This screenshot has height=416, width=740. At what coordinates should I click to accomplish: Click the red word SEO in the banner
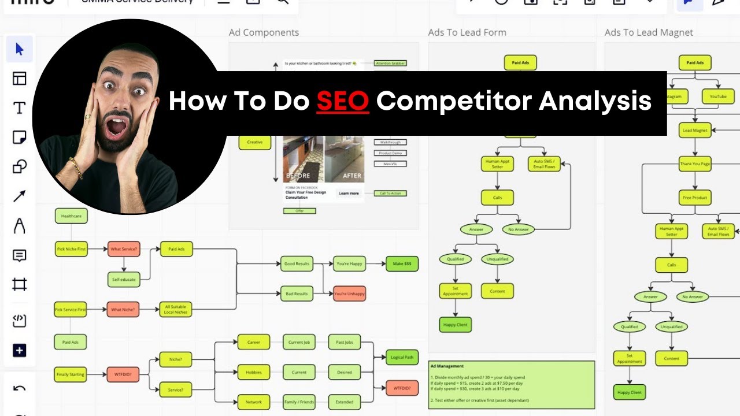coord(342,102)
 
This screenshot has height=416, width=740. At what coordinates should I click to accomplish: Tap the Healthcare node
coord(71,216)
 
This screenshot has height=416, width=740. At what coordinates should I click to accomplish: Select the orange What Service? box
coord(124,249)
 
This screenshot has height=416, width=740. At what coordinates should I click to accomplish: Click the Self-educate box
coord(124,280)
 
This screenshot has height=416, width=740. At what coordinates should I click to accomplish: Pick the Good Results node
coord(297,263)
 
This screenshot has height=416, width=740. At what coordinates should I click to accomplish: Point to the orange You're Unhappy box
coord(349,294)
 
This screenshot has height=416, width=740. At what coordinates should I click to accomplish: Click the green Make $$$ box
coord(402,263)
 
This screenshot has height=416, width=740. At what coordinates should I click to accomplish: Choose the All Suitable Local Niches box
coord(175,309)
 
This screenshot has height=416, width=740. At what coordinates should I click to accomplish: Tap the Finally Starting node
coord(70,374)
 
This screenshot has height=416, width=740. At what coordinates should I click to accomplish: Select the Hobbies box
coord(254,372)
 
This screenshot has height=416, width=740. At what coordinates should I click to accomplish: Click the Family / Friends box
coord(299,402)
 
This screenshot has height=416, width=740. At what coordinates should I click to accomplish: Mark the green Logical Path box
coord(402,357)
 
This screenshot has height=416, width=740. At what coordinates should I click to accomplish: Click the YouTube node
coord(717,96)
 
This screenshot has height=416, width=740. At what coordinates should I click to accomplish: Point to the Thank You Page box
coord(695,164)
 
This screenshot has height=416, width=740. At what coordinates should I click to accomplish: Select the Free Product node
coord(695,198)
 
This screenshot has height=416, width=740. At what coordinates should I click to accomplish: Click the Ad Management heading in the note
coord(446,366)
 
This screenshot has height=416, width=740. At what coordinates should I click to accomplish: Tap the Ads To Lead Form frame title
coord(467,32)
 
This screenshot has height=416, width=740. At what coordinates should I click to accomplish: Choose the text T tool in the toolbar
coord(20,108)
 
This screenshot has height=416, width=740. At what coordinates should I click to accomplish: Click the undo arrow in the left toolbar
coord(20,388)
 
